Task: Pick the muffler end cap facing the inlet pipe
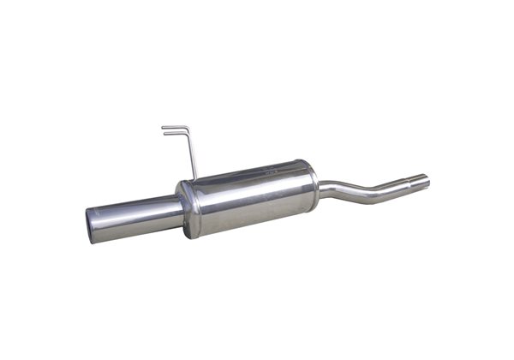[309, 183]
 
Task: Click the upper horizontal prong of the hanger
[173, 127]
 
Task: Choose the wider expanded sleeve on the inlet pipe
[415, 183]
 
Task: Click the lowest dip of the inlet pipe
[364, 196]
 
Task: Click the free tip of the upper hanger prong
[163, 128]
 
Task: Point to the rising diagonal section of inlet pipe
[387, 189]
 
